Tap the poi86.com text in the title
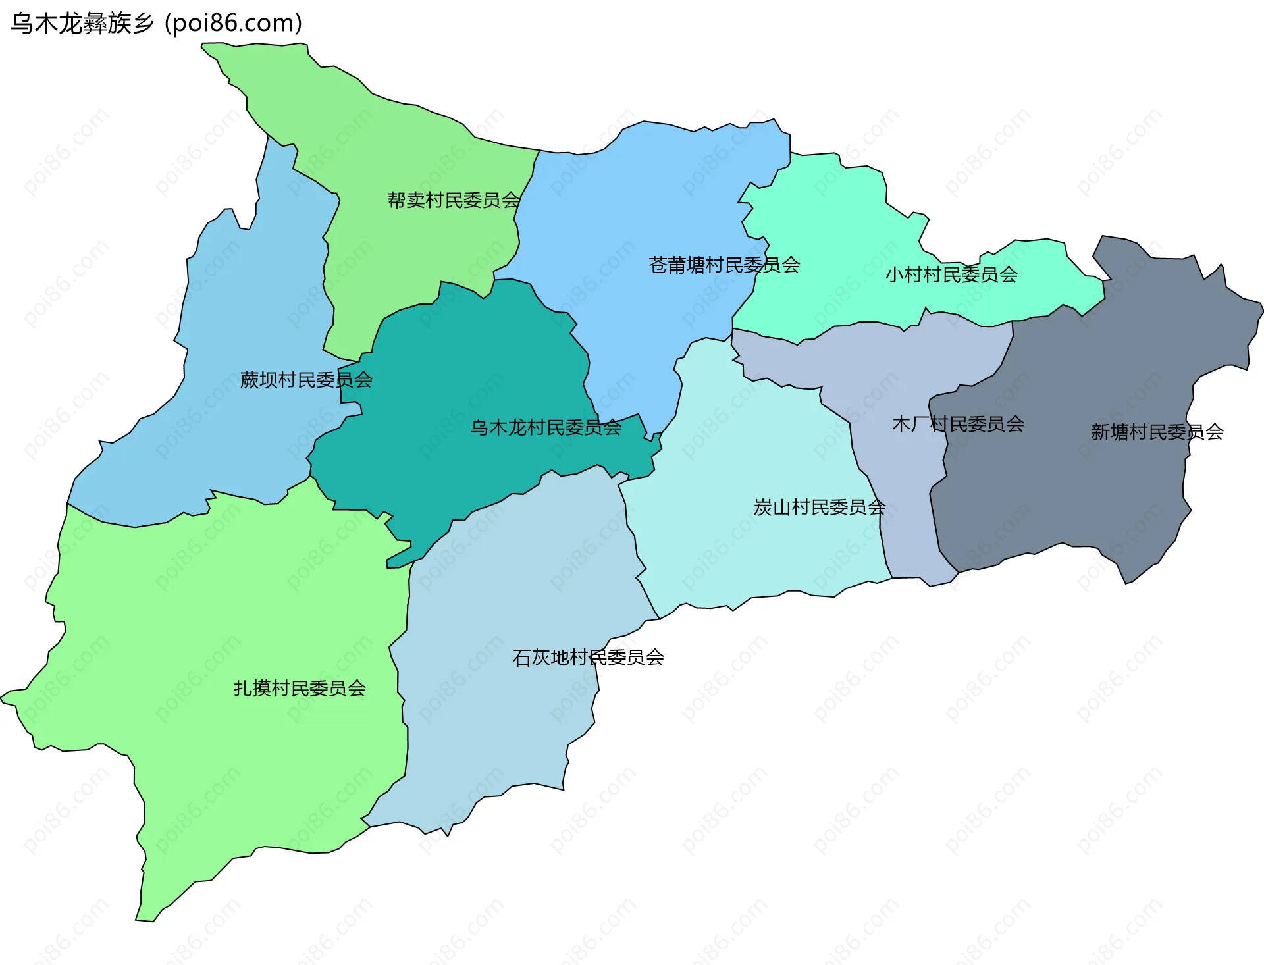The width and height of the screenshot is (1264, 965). point(234,24)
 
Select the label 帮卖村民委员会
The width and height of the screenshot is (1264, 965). point(454,200)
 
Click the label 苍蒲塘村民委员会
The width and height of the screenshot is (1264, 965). point(724,265)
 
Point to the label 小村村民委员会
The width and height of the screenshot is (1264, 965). point(951,274)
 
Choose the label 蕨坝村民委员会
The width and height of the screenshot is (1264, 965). point(306,380)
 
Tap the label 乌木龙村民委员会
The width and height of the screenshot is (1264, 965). point(545,428)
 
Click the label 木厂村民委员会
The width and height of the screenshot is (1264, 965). point(958,424)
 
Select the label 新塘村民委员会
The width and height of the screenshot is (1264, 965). point(1157,432)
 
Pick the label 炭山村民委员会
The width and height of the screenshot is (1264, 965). point(820,508)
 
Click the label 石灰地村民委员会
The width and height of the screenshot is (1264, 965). point(588,658)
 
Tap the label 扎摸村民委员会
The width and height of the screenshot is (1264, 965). point(300,689)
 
